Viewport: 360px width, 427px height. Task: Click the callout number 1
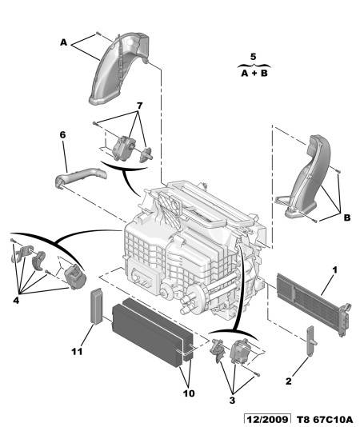pyautogui.click(x=334, y=270)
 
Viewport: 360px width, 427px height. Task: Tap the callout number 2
pyautogui.click(x=289, y=381)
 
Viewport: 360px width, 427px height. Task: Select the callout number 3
pyautogui.click(x=232, y=401)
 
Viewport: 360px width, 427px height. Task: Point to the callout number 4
pyautogui.click(x=16, y=301)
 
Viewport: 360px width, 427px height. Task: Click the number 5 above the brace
pyautogui.click(x=253, y=57)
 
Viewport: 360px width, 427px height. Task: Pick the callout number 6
pyautogui.click(x=62, y=135)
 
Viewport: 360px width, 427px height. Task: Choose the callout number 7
pyautogui.click(x=139, y=106)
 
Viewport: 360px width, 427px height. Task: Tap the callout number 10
pyautogui.click(x=189, y=393)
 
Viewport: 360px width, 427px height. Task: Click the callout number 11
pyautogui.click(x=77, y=352)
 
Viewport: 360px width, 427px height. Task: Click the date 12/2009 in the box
pyautogui.click(x=267, y=419)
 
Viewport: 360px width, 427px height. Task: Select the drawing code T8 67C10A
pyautogui.click(x=324, y=419)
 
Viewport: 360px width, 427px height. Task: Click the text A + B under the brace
pyautogui.click(x=254, y=74)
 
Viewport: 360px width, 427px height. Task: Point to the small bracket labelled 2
pyautogui.click(x=310, y=341)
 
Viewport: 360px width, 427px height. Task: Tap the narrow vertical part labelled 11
pyautogui.click(x=97, y=306)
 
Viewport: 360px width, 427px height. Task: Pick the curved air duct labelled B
pyautogui.click(x=308, y=177)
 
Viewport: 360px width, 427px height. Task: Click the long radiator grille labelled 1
pyautogui.click(x=314, y=304)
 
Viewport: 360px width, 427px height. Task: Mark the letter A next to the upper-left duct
pyautogui.click(x=63, y=42)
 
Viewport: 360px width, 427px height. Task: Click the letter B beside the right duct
pyautogui.click(x=347, y=217)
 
